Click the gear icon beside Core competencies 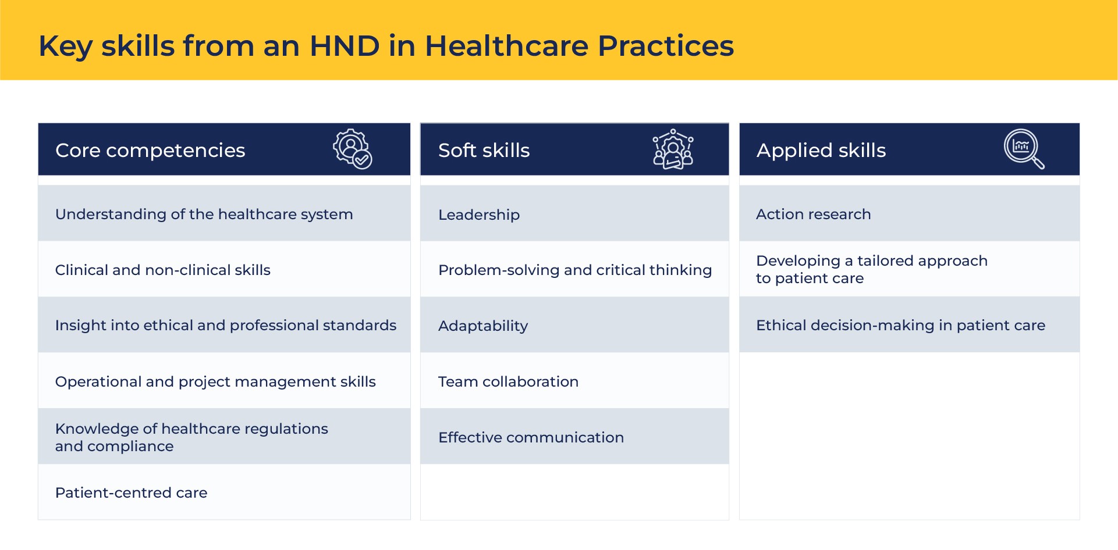point(353,149)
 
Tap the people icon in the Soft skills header point(673,149)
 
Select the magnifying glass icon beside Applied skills point(1024,149)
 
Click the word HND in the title point(345,45)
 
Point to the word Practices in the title point(666,45)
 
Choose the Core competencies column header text point(150,151)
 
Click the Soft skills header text point(484,151)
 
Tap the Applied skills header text point(821,151)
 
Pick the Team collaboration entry point(508,381)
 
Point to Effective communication point(531,437)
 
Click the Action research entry point(813,214)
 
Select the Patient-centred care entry point(131,492)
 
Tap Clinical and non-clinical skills point(162,270)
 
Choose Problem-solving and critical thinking point(575,270)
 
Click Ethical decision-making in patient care point(900,326)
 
